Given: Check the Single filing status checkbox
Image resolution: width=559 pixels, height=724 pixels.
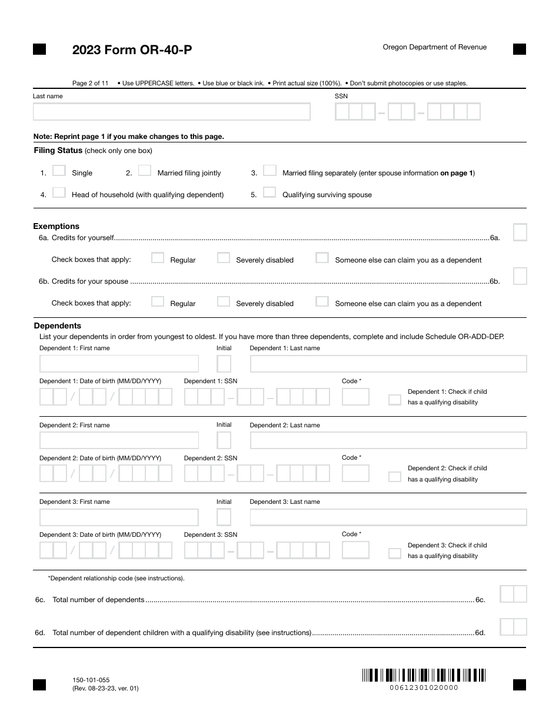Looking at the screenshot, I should tap(59, 171).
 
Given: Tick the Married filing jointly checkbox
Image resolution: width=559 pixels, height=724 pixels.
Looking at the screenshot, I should tap(145, 171).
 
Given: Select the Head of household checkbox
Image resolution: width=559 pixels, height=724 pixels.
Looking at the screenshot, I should tap(59, 192).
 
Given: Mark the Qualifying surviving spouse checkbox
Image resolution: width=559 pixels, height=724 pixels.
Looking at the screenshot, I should tap(269, 192).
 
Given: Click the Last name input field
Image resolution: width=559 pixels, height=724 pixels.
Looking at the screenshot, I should tap(171, 112).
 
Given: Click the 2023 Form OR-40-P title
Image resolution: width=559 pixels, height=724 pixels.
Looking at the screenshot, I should tap(132, 50).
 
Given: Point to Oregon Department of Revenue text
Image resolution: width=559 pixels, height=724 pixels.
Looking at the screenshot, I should tap(434, 47).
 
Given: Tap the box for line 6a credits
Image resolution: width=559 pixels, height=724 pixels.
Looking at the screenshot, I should tap(520, 233).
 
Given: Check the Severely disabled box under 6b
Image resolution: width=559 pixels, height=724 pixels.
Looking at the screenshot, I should tap(224, 301).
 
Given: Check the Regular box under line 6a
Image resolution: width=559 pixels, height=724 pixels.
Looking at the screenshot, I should tap(158, 258).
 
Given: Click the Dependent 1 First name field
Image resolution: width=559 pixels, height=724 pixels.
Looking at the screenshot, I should tap(119, 364).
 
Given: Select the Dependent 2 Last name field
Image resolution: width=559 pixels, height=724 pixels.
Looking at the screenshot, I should tap(388, 440).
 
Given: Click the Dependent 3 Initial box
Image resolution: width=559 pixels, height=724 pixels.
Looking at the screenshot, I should tap(224, 517).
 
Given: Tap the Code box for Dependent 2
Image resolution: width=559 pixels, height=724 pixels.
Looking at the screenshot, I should tap(355, 473).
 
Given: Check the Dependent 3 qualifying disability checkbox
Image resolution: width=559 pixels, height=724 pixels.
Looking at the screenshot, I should tap(394, 553).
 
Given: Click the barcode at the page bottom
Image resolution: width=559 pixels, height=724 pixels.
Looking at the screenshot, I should tap(424, 675).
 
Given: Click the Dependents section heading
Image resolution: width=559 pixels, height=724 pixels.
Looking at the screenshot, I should tap(58, 326).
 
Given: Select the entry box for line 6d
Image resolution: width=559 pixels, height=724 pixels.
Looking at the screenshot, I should tap(513, 627).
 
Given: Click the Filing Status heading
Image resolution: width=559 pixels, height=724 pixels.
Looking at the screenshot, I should tap(58, 151).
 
